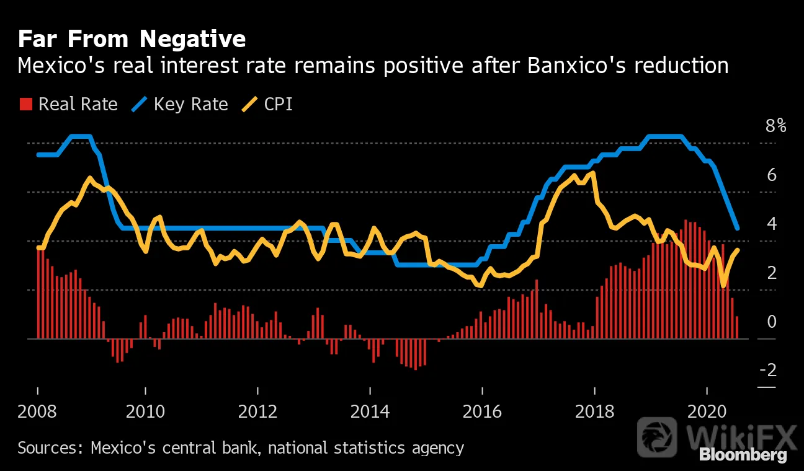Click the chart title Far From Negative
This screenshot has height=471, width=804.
pos(132,39)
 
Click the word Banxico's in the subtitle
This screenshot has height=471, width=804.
pos(576,66)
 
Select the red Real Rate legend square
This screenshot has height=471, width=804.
pos(26,104)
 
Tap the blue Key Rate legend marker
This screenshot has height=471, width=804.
pos(139,104)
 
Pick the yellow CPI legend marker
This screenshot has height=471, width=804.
pos(249,104)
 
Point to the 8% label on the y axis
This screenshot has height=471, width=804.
pos(776,126)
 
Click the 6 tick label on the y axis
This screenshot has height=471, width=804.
pos(772,175)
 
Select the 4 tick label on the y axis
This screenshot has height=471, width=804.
pos(772,224)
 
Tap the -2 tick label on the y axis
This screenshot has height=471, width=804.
pos(769,370)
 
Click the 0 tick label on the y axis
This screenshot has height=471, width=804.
pos(772,322)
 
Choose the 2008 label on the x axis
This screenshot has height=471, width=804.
pos(37,412)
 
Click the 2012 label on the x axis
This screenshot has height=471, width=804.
pos(257,412)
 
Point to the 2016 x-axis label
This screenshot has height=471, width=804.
pos(482,412)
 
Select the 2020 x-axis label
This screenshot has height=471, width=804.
pos(707,412)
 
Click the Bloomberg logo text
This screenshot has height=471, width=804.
pos(743,456)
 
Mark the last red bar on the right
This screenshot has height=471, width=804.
pos(737,328)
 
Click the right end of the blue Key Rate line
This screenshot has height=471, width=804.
pos(738,228)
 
